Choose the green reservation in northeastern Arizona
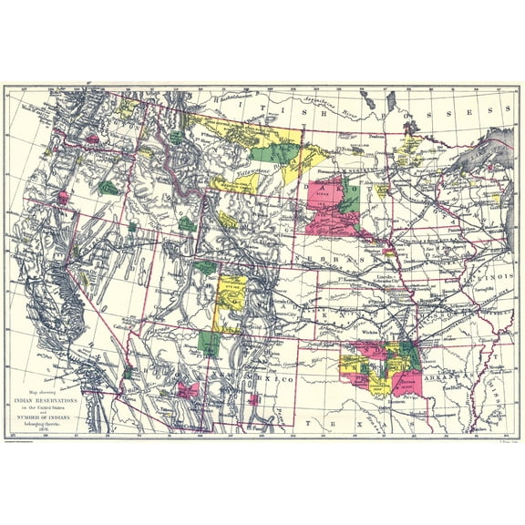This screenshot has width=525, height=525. [x=209, y=343]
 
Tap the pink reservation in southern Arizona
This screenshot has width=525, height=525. [x=190, y=390]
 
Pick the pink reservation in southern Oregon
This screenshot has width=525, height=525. [x=63, y=197]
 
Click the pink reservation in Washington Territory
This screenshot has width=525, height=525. [x=92, y=139]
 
